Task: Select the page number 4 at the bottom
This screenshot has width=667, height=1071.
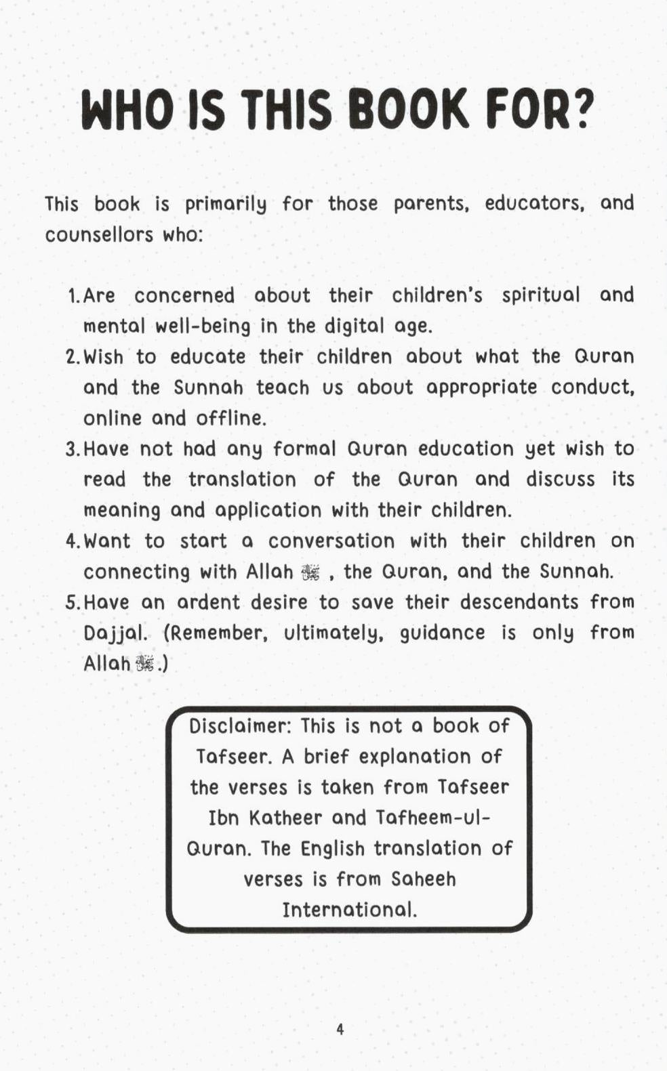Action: point(340,1029)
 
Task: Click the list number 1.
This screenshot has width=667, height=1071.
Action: point(73,296)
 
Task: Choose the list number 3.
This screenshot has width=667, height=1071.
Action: point(72,449)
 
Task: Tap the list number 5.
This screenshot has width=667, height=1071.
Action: point(72,602)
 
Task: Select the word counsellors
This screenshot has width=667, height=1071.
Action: point(99,235)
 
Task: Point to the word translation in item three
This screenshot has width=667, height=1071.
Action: point(242,480)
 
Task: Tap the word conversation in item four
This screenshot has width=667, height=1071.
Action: point(331,541)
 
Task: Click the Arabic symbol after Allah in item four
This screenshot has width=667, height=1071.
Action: point(310,573)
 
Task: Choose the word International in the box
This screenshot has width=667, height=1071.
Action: point(349,909)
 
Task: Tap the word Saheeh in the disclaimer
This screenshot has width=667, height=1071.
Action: point(424,879)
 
